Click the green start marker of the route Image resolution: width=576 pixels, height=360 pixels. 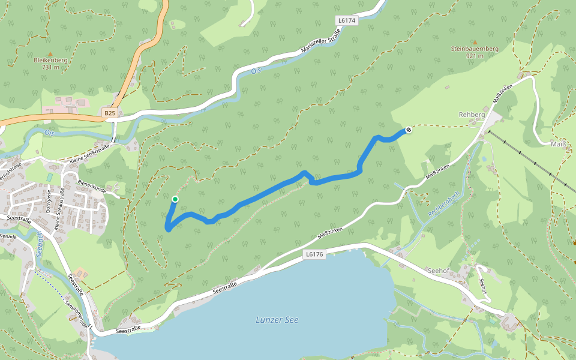(x=175, y=199)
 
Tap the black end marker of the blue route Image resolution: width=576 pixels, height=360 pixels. (x=409, y=130)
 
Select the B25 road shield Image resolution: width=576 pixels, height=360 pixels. (x=109, y=113)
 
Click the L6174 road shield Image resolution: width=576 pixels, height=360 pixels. (x=347, y=20)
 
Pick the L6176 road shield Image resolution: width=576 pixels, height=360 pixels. (x=314, y=254)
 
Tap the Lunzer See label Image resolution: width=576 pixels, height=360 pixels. (x=277, y=320)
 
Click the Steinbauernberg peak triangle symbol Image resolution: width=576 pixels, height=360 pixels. (x=474, y=42)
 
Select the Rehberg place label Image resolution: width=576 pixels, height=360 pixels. (x=471, y=114)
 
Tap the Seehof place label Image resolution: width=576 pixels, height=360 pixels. (x=439, y=271)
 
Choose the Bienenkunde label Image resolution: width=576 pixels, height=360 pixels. (x=92, y=189)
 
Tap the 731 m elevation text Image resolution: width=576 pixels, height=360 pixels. (x=50, y=67)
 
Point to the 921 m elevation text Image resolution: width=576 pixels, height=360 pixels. (x=474, y=56)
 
